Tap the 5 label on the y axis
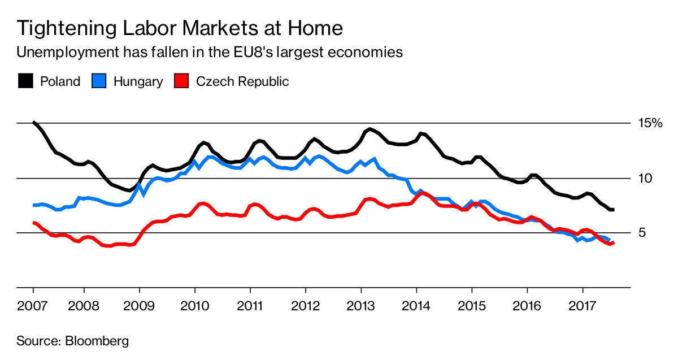pos(642,233)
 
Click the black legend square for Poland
pos(25,81)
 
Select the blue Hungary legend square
pos(98,81)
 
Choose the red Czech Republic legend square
pos(181,81)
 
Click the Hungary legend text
pos(138,81)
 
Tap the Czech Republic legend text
pos(242,81)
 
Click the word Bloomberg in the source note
pos(97,341)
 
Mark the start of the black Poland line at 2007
pos(34,123)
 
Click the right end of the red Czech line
pos(614,243)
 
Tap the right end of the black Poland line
pos(614,210)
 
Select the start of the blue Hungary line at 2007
pos(34,205)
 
